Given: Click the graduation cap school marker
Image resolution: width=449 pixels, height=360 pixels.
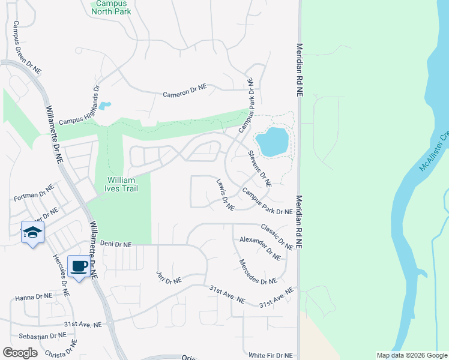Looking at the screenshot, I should coord(32,233).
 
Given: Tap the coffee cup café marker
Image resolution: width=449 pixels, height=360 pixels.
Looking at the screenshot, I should coord(79,266).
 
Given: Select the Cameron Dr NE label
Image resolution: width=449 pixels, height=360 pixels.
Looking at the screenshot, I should coord(185,91).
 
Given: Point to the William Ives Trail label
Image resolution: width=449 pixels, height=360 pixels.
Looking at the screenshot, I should coord(122,184).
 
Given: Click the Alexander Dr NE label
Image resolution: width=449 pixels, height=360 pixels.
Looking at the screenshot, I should coord(260,248).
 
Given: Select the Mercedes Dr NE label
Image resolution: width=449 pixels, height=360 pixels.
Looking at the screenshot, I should coord(258,271).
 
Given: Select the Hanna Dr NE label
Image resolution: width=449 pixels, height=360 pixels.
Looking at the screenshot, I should coord(34,296).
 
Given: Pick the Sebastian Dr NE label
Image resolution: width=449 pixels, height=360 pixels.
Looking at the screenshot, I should coord(41,335).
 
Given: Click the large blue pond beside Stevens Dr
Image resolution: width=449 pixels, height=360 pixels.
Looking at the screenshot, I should coord(272,141).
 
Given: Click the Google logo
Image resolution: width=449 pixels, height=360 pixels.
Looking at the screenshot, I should coord(20,353).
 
